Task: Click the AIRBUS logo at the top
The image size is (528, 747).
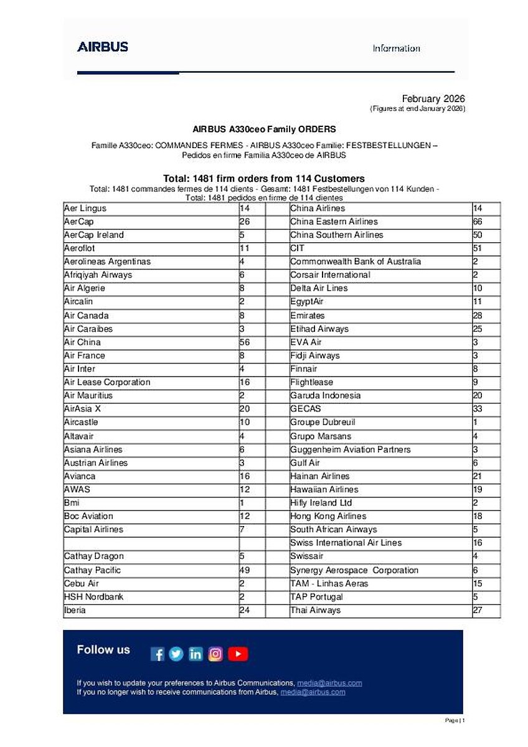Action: pyautogui.click(x=103, y=47)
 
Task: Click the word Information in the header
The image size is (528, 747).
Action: pyautogui.click(x=396, y=49)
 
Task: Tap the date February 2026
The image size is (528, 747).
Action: pyautogui.click(x=433, y=99)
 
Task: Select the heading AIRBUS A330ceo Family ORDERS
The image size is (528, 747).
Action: pyautogui.click(x=264, y=129)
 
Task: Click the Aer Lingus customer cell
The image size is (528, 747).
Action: pyautogui.click(x=85, y=209)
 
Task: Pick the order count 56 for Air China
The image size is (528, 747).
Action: pyautogui.click(x=245, y=342)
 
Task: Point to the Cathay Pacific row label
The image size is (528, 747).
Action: pyautogui.click(x=93, y=570)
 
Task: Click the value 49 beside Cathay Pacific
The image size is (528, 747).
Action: pyautogui.click(x=245, y=570)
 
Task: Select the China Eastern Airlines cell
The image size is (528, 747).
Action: pyautogui.click(x=334, y=222)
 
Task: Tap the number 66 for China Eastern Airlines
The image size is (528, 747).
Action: pyautogui.click(x=478, y=222)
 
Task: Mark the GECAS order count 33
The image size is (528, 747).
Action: pyautogui.click(x=478, y=409)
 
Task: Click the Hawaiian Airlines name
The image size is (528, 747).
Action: pyautogui.click(x=324, y=489)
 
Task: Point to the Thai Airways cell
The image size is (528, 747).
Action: pyautogui.click(x=316, y=611)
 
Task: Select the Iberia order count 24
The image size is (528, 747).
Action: pyautogui.click(x=245, y=611)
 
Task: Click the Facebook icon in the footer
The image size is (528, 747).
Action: pyautogui.click(x=158, y=654)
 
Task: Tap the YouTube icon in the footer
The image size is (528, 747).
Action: pyautogui.click(x=238, y=654)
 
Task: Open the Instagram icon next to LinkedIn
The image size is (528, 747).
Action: pyautogui.click(x=215, y=654)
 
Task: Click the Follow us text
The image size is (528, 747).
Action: pyautogui.click(x=103, y=650)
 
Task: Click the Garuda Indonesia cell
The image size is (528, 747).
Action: pyautogui.click(x=325, y=396)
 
